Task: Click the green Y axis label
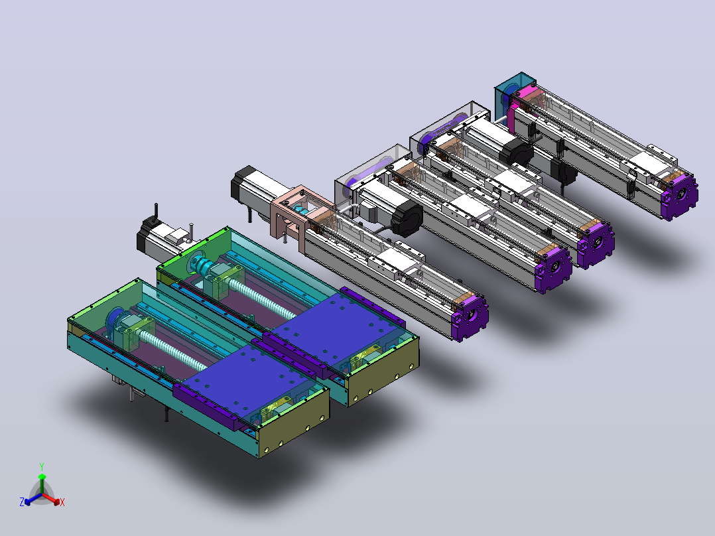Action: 42,466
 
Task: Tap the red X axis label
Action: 62,502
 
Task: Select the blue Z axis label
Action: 21,502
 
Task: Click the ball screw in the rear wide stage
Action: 261,298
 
